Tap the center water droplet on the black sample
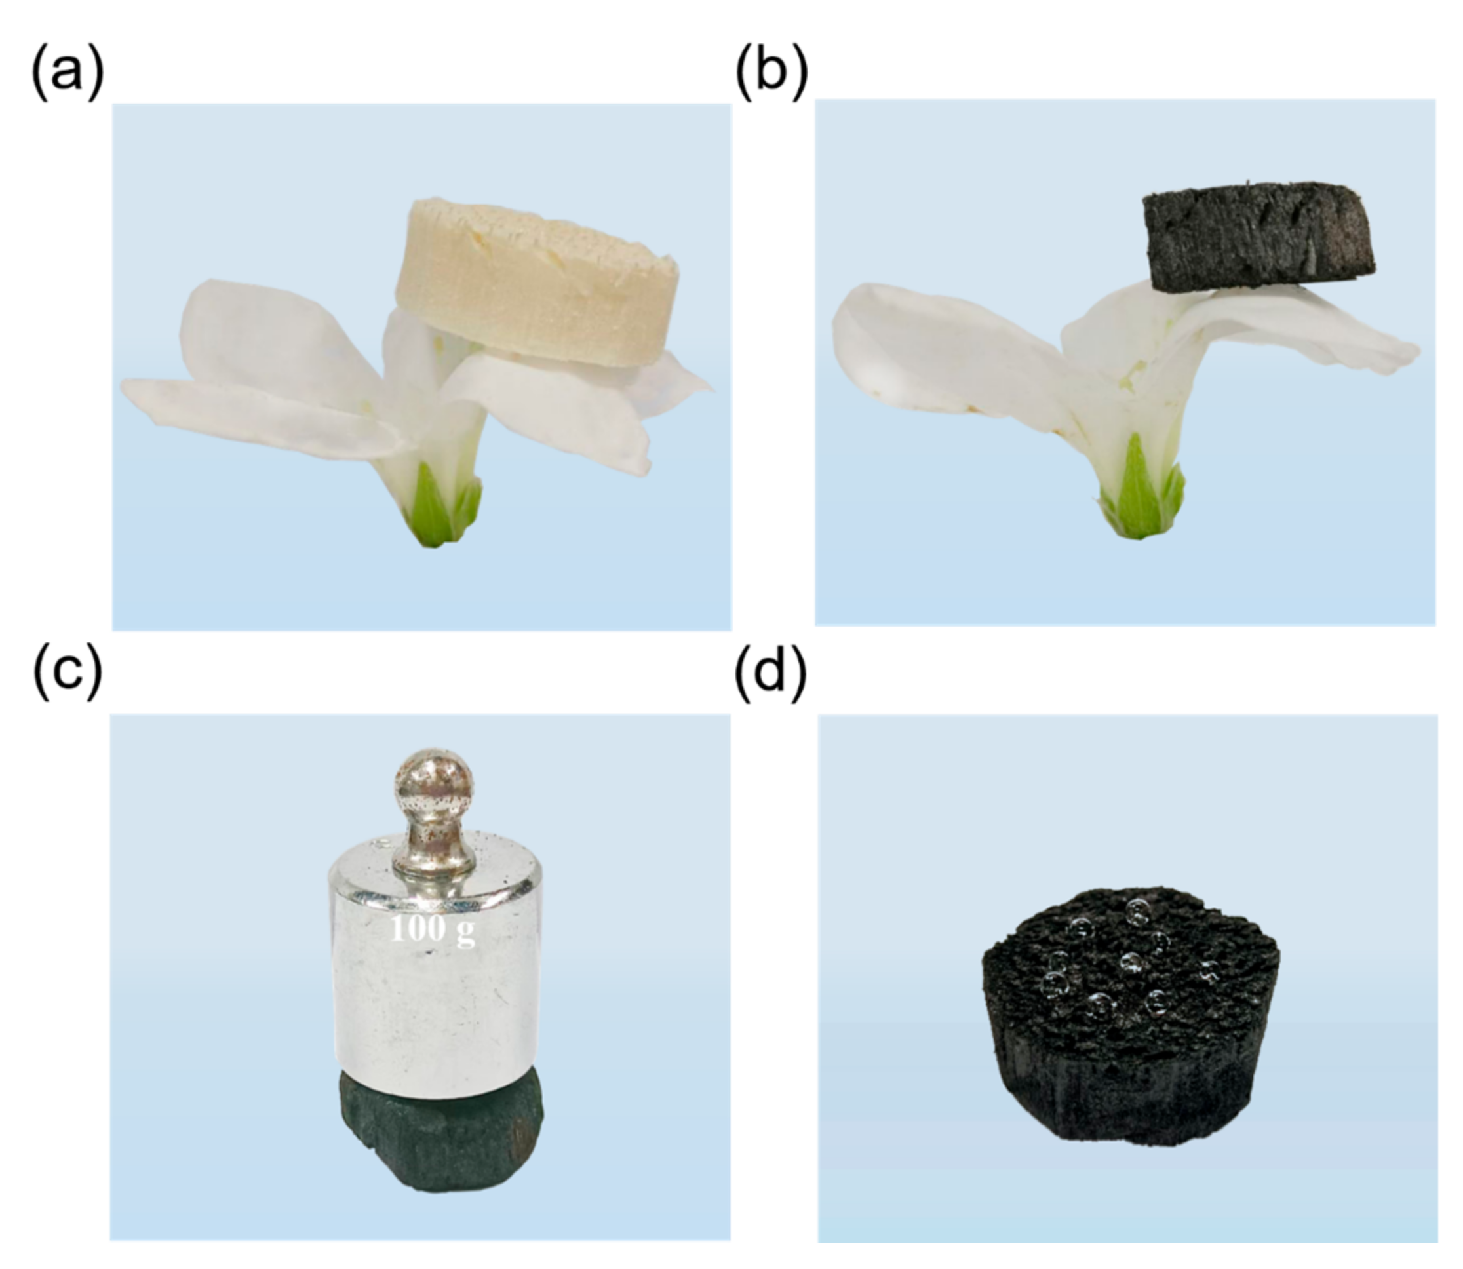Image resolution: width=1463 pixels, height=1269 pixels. pos(1130,963)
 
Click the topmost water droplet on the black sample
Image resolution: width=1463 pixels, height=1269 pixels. pos(1137,908)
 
